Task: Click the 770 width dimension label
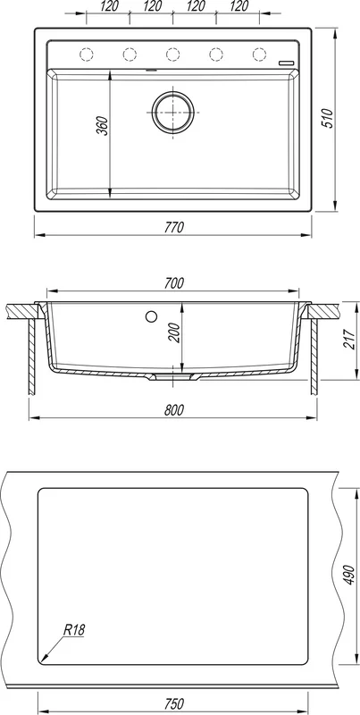(x=173, y=227)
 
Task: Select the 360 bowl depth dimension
(x=103, y=126)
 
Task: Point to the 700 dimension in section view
(x=173, y=283)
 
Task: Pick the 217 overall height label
(x=349, y=340)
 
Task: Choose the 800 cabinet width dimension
(x=173, y=410)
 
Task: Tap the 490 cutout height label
(x=349, y=576)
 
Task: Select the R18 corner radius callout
(x=74, y=630)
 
